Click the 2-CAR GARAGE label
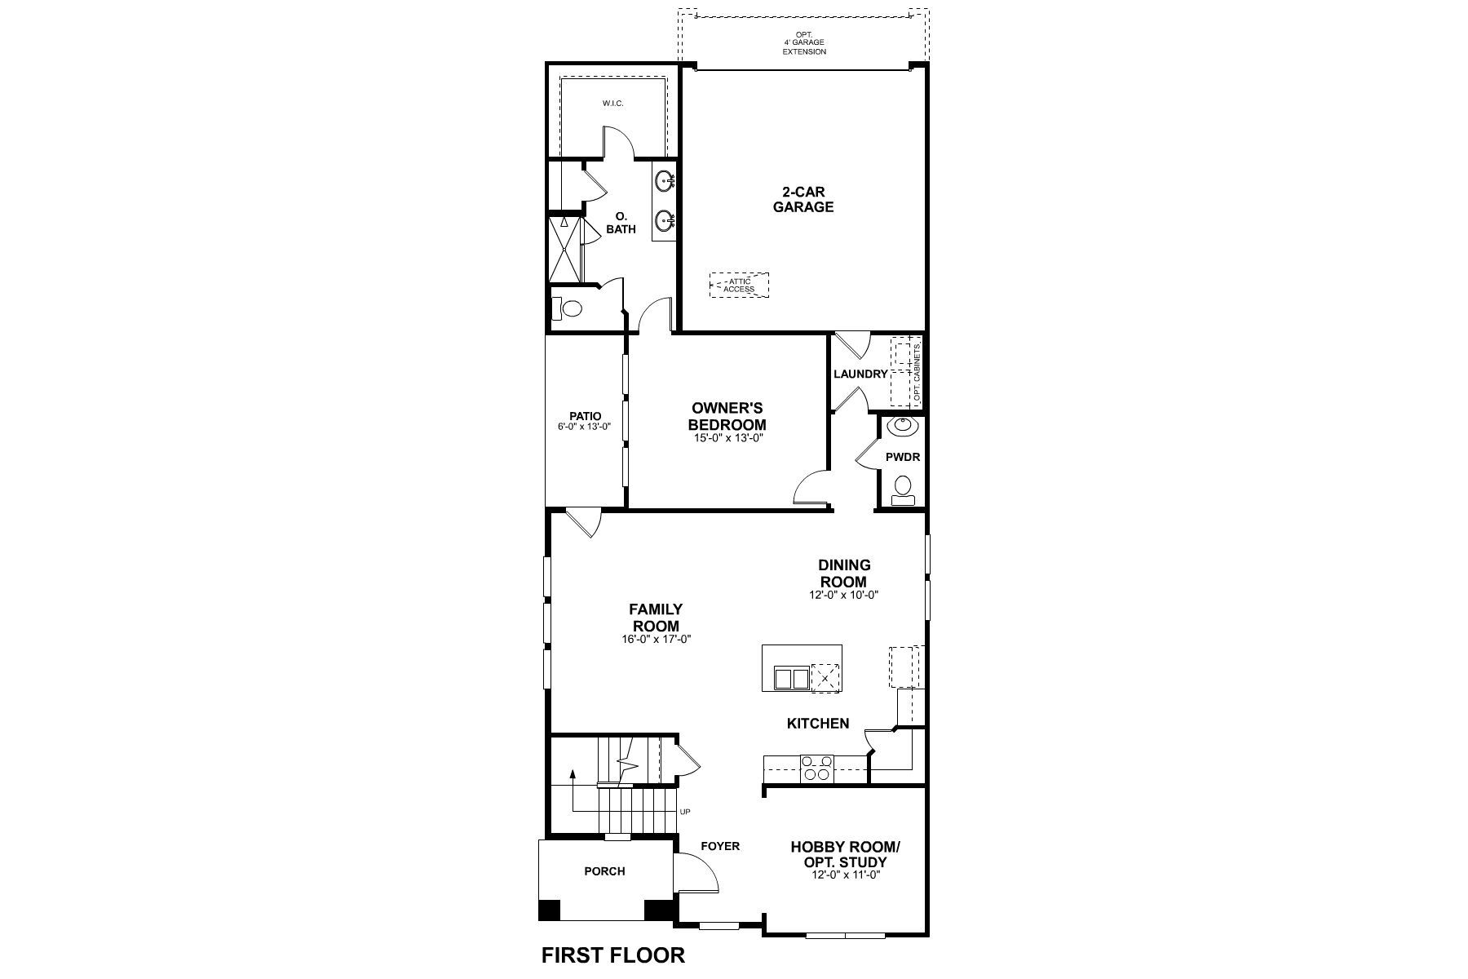tap(803, 200)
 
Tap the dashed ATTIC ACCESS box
tap(739, 285)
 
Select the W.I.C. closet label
tap(613, 104)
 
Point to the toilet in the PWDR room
tap(901, 488)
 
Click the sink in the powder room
tap(903, 425)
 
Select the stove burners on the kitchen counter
tap(816, 769)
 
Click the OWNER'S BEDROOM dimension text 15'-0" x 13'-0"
tap(727, 438)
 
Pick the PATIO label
tap(586, 416)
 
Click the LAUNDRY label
tap(860, 374)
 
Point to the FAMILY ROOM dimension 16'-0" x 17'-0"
tap(656, 640)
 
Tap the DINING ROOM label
tap(844, 574)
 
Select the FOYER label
tap(720, 846)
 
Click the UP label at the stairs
tap(684, 813)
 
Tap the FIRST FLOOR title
tap(613, 955)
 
